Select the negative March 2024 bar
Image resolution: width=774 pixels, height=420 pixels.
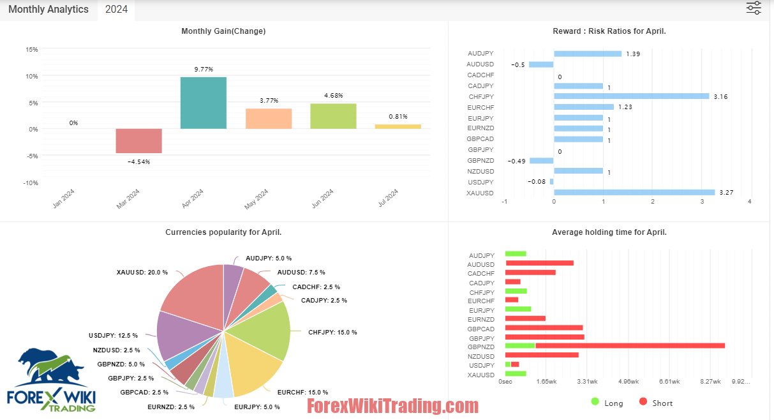point(138,140)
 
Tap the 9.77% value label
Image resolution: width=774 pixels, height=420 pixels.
point(204,69)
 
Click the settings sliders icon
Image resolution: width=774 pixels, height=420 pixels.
point(754,8)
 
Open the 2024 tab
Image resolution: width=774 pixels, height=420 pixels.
point(116,10)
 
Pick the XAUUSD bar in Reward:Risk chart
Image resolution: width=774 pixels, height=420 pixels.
point(634,192)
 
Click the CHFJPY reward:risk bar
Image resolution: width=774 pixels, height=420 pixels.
point(631,96)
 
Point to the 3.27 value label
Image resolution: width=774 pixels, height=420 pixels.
point(727,193)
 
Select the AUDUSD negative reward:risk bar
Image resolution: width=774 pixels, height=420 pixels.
point(541,64)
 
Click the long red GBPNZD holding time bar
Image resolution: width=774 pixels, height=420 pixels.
point(630,346)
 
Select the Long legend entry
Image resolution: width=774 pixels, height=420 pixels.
point(607,403)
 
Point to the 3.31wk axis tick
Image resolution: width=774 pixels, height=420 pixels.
point(587,382)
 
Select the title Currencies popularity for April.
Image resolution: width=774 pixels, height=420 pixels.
point(223,232)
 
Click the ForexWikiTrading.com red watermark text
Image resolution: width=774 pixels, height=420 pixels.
point(392,406)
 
